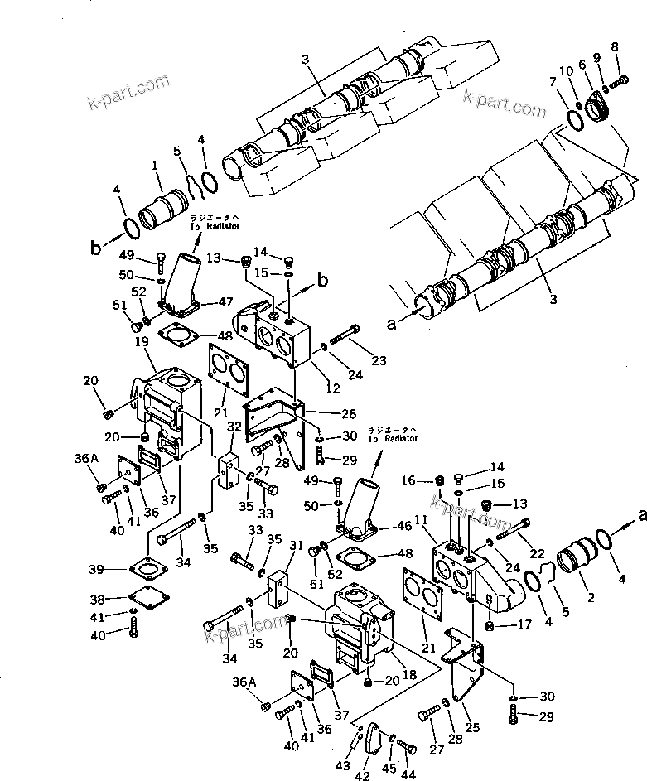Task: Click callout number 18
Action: coord(408,677)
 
